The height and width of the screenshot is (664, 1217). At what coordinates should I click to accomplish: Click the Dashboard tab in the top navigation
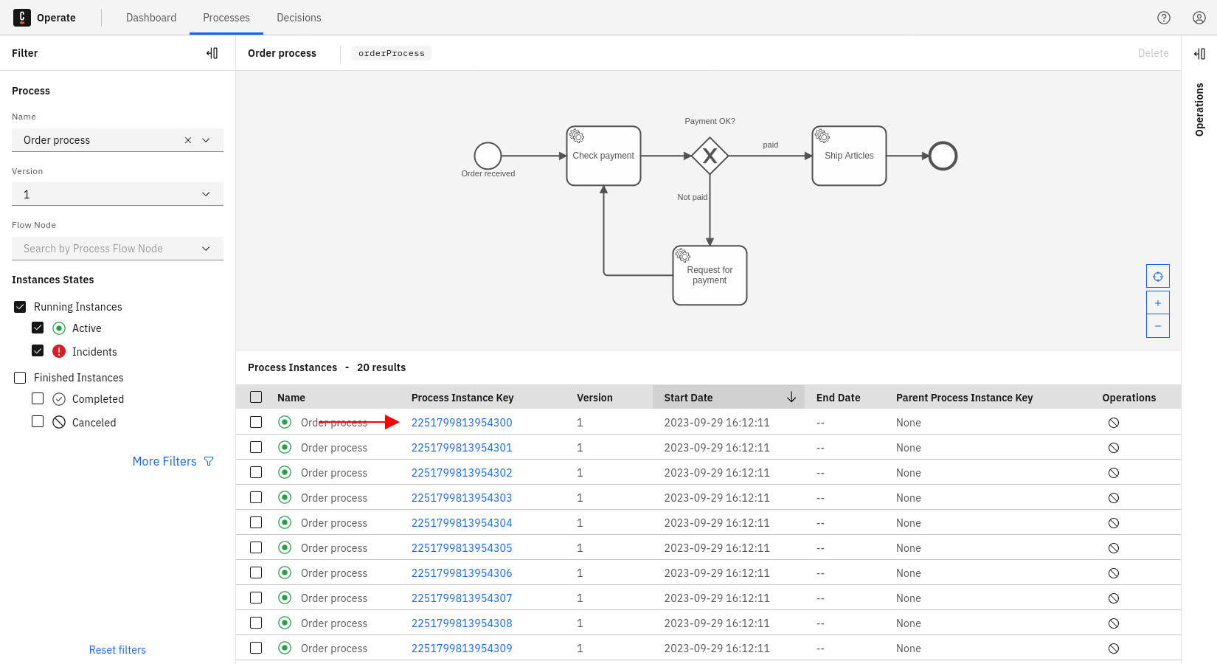tap(151, 18)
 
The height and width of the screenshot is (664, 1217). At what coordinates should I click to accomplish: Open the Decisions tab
tap(299, 18)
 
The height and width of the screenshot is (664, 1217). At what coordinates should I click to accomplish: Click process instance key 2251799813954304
tap(462, 523)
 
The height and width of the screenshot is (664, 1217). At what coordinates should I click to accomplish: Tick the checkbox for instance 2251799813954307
tap(256, 598)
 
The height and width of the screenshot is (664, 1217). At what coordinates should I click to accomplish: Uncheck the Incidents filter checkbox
tap(38, 351)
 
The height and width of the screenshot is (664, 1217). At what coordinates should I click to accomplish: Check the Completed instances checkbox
tap(38, 398)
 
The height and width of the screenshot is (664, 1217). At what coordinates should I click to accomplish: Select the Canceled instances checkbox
tap(38, 422)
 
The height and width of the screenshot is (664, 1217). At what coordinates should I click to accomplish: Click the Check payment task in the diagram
tap(603, 156)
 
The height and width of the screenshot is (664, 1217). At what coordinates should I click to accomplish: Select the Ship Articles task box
tap(849, 156)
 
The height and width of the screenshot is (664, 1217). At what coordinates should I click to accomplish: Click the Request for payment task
tap(710, 275)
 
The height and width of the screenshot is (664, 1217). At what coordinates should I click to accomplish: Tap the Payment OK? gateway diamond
tap(710, 156)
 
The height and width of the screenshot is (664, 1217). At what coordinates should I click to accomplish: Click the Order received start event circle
tap(488, 156)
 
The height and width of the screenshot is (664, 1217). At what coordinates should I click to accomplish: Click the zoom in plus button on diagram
tap(1158, 303)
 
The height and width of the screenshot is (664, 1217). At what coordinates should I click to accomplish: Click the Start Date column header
tap(688, 398)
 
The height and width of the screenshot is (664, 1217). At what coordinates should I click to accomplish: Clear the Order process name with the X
tap(188, 140)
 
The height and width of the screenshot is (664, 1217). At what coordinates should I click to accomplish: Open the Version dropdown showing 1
tap(117, 194)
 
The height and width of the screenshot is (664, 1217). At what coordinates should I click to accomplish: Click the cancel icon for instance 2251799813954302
tap(1114, 473)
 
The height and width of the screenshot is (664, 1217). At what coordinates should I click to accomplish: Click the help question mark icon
tap(1164, 18)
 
